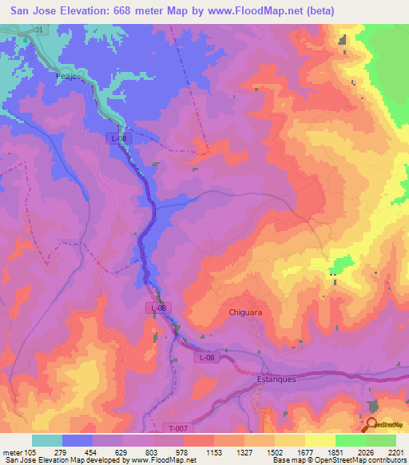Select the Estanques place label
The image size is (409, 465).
276,380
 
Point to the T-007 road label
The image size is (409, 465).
179,429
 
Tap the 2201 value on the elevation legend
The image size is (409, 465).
397,451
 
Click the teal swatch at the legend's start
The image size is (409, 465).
47,440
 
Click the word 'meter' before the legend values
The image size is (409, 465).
12,451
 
